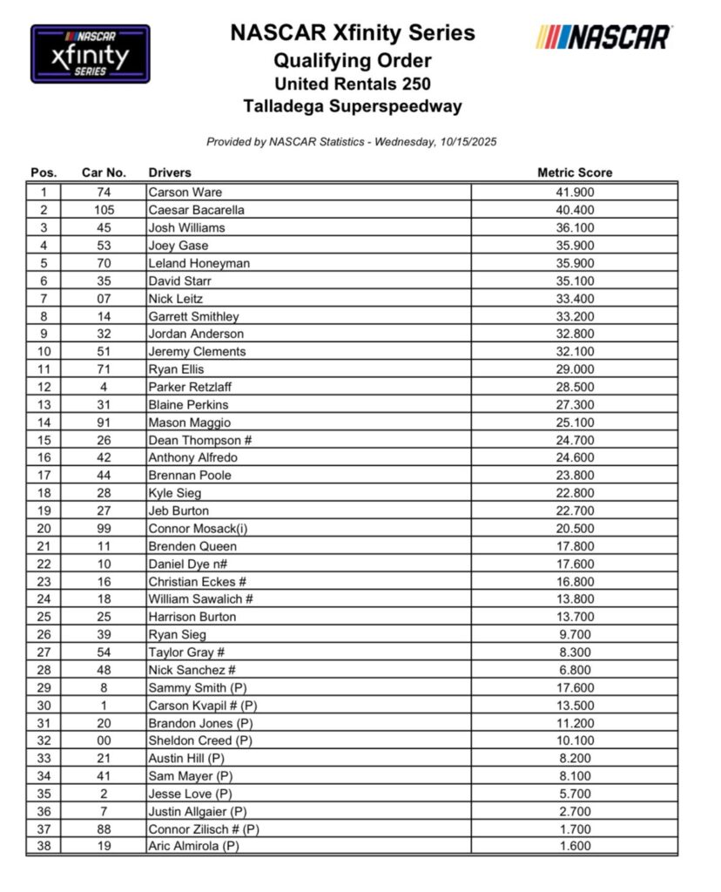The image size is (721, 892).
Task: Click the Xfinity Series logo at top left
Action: pyautogui.click(x=91, y=54)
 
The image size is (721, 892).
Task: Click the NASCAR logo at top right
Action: pyautogui.click(x=604, y=37)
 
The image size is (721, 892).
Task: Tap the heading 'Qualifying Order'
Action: pyautogui.click(x=353, y=61)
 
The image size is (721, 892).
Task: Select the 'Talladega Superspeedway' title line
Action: pyautogui.click(x=353, y=107)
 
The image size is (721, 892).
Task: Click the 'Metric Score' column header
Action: pyautogui.click(x=574, y=172)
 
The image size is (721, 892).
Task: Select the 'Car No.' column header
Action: pyautogui.click(x=104, y=172)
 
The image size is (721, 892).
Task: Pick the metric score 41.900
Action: pyautogui.click(x=574, y=192)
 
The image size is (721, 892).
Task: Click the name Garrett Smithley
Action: pyautogui.click(x=193, y=316)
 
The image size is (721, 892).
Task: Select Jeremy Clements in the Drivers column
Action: pyautogui.click(x=197, y=352)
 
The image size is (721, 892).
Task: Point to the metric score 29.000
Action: pyautogui.click(x=574, y=369)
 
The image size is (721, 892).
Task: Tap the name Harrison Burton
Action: pyautogui.click(x=192, y=617)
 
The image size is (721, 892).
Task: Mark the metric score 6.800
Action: pyautogui.click(x=574, y=670)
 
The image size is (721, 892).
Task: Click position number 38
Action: pyautogui.click(x=44, y=846)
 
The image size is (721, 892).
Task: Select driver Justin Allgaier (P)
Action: pyautogui.click(x=196, y=811)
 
